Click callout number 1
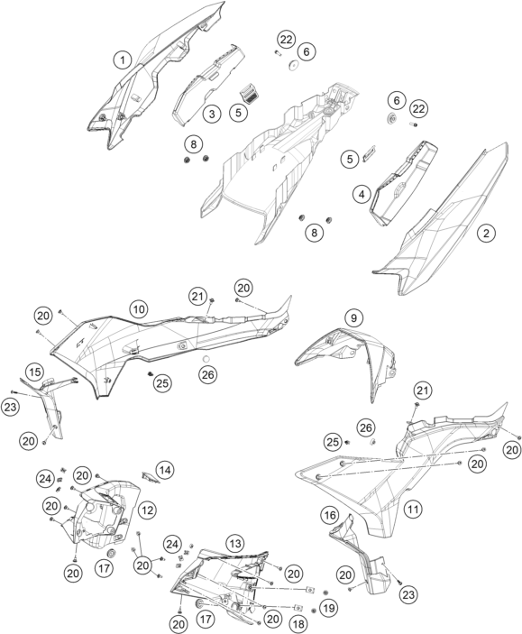122,60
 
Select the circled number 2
486,233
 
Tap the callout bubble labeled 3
212,114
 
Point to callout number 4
362,195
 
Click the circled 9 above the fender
353,318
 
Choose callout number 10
139,309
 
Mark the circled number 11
413,509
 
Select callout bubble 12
147,510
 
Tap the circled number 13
235,544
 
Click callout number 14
165,470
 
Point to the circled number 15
35,372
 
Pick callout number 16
330,515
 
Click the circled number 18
298,624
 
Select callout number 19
329,608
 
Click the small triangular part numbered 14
151,477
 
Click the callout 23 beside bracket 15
10,407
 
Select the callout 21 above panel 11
422,391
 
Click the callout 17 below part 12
104,568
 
